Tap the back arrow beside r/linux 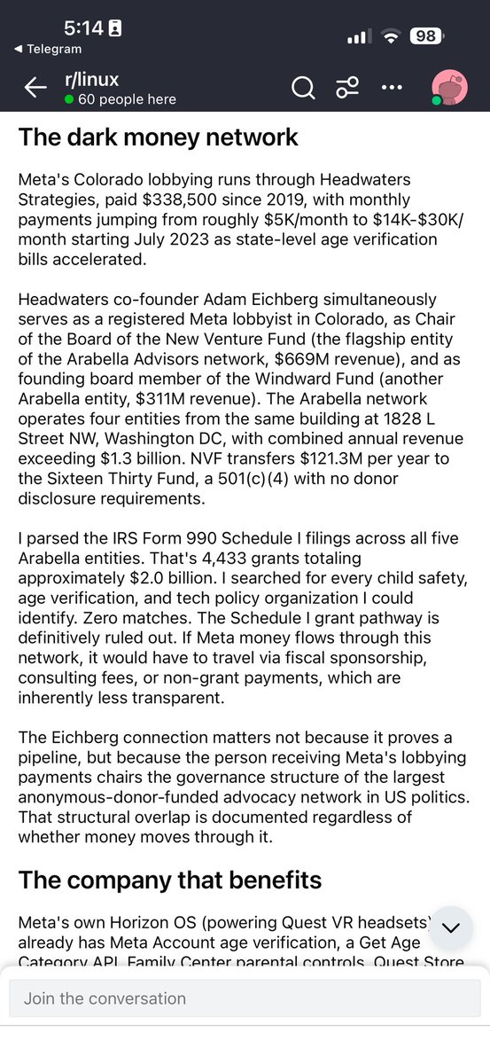[35, 87]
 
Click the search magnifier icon [303, 87]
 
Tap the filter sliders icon [346, 87]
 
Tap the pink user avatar [449, 88]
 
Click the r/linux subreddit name [92, 80]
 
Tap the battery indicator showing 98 [425, 36]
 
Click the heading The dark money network [158, 137]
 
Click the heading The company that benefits [169, 880]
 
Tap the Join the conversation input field [245, 998]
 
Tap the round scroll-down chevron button [450, 927]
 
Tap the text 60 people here [126, 99]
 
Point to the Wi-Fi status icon [390, 36]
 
